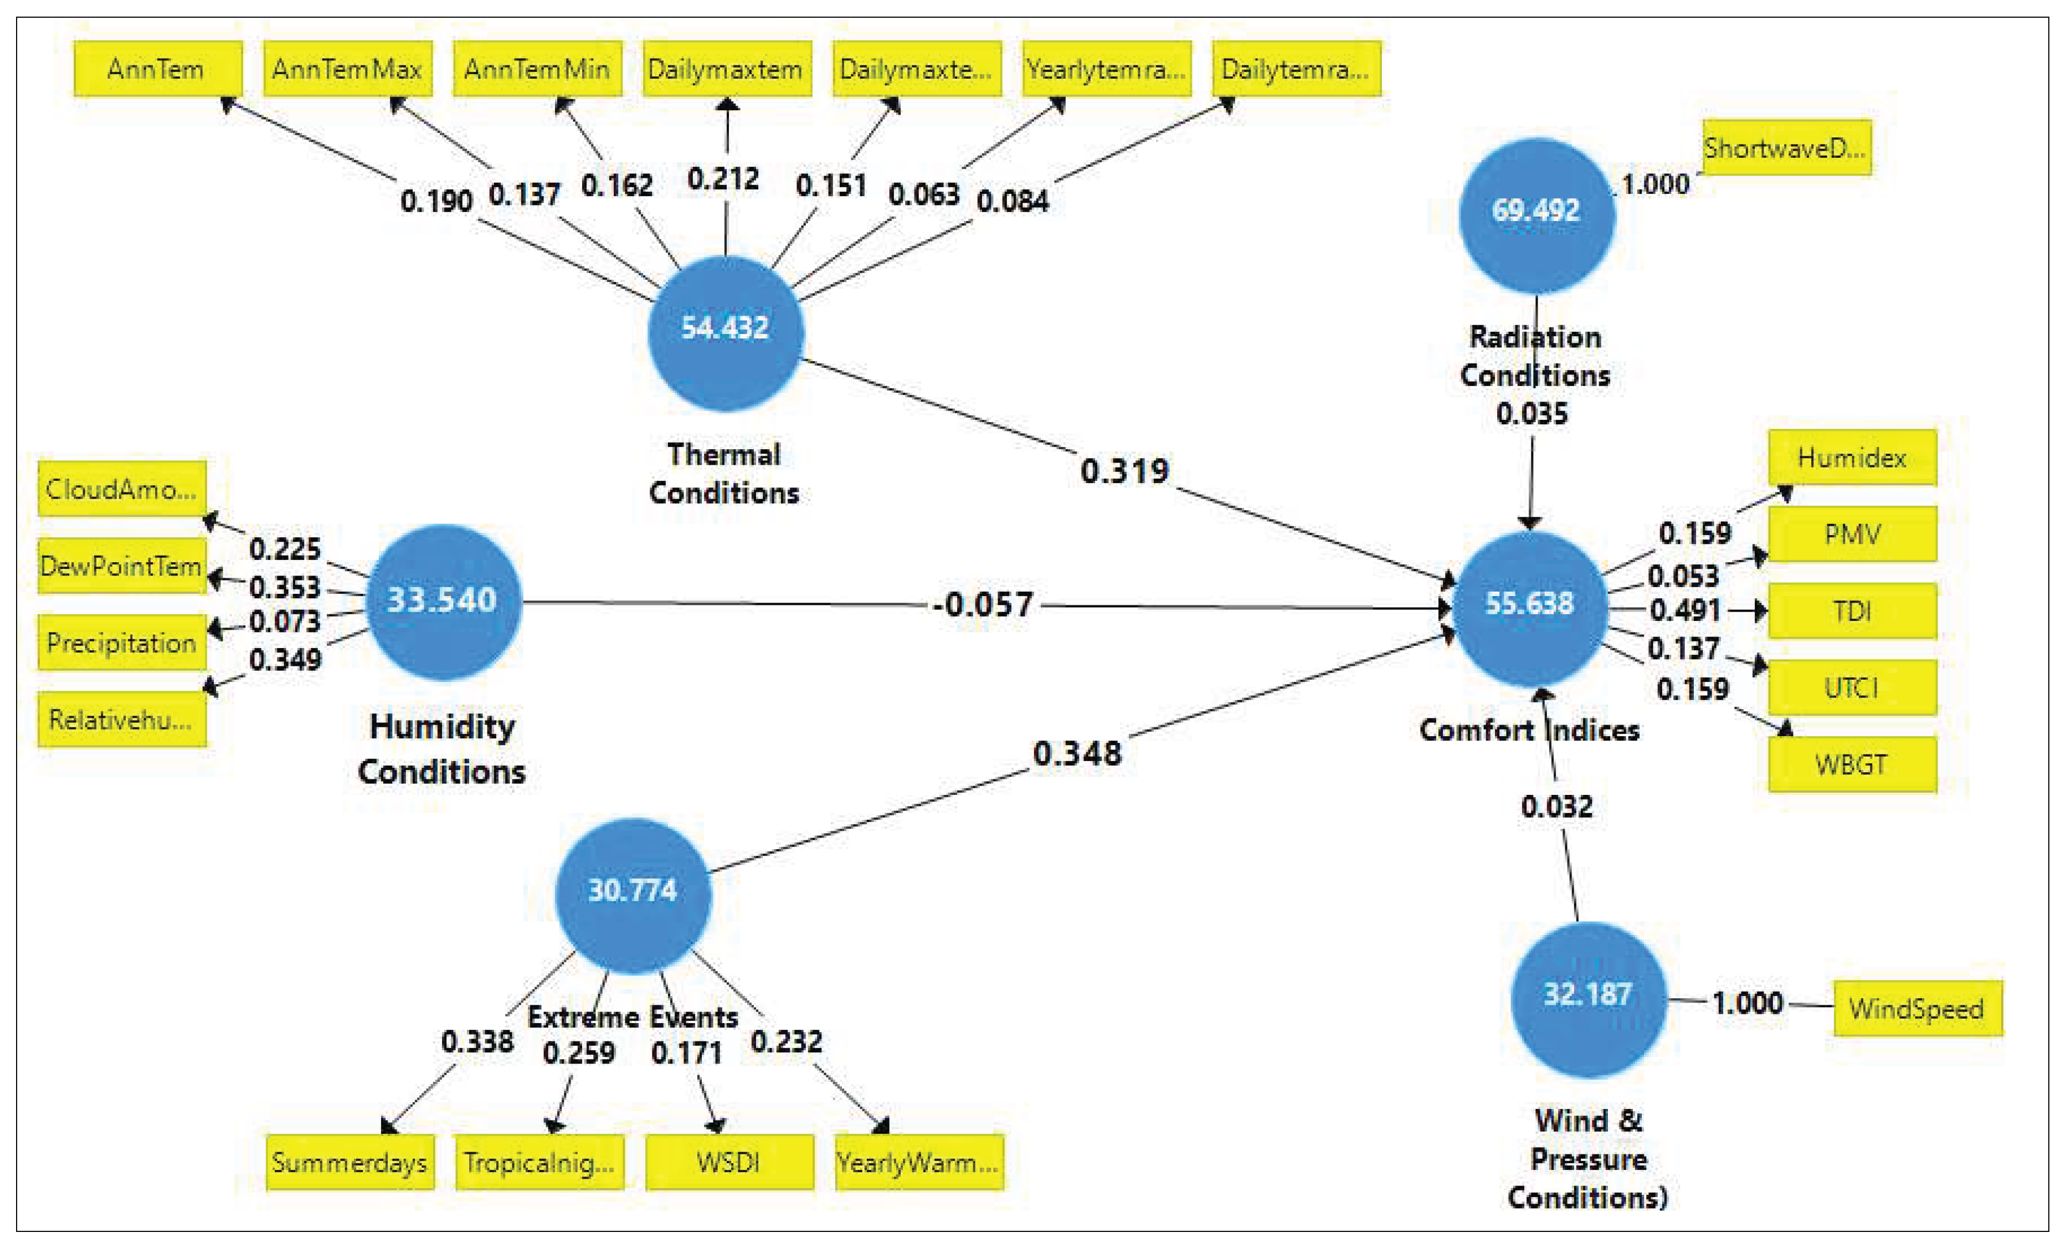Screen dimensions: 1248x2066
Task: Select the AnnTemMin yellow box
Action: (537, 69)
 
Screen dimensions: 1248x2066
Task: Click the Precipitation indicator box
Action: (122, 643)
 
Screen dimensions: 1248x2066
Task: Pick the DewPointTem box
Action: (122, 566)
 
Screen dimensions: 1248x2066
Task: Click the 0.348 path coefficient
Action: (1077, 753)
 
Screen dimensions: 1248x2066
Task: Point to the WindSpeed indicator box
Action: (1918, 1008)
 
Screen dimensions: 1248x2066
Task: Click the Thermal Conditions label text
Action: (724, 473)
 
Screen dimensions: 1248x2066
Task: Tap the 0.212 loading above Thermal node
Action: (723, 179)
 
